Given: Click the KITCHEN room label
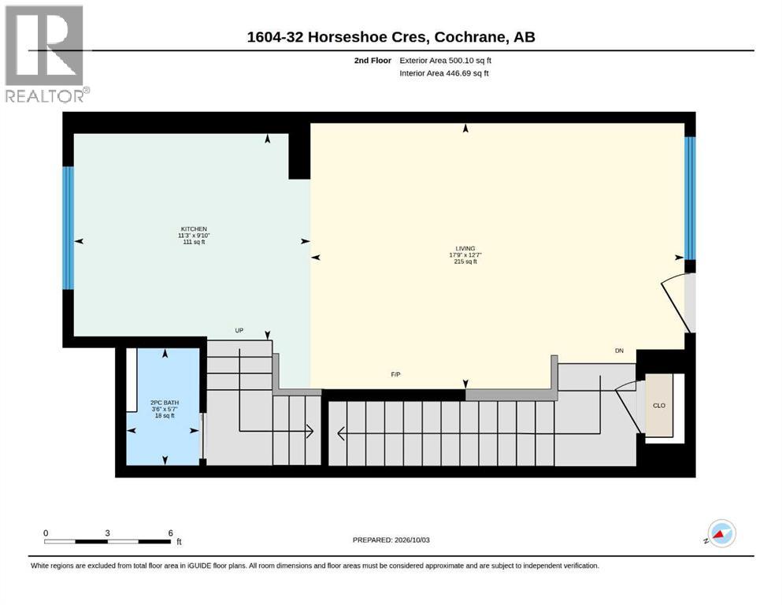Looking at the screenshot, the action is click(194, 229).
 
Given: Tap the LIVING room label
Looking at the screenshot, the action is click(465, 248).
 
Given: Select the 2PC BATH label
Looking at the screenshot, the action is click(165, 403).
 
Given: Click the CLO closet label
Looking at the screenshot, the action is click(659, 406).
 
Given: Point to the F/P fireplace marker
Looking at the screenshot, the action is click(395, 374).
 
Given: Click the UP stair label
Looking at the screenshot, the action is click(239, 330).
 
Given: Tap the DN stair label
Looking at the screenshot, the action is click(619, 351).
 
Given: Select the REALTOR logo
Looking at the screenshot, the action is click(46, 54).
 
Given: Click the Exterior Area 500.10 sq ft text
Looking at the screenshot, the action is click(446, 61).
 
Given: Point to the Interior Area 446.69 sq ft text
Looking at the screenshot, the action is click(444, 73).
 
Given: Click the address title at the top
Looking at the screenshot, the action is click(391, 37).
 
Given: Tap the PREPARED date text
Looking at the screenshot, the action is click(391, 540).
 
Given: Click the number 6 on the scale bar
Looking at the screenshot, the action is click(171, 533).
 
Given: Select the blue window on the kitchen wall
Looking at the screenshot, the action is click(68, 228).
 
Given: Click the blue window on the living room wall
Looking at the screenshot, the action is click(690, 198).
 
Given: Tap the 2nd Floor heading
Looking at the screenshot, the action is click(372, 61).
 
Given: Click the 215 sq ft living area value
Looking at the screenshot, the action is click(465, 262).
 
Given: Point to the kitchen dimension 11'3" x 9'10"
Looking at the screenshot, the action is click(194, 236).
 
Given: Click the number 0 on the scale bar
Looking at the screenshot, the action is click(46, 533).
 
